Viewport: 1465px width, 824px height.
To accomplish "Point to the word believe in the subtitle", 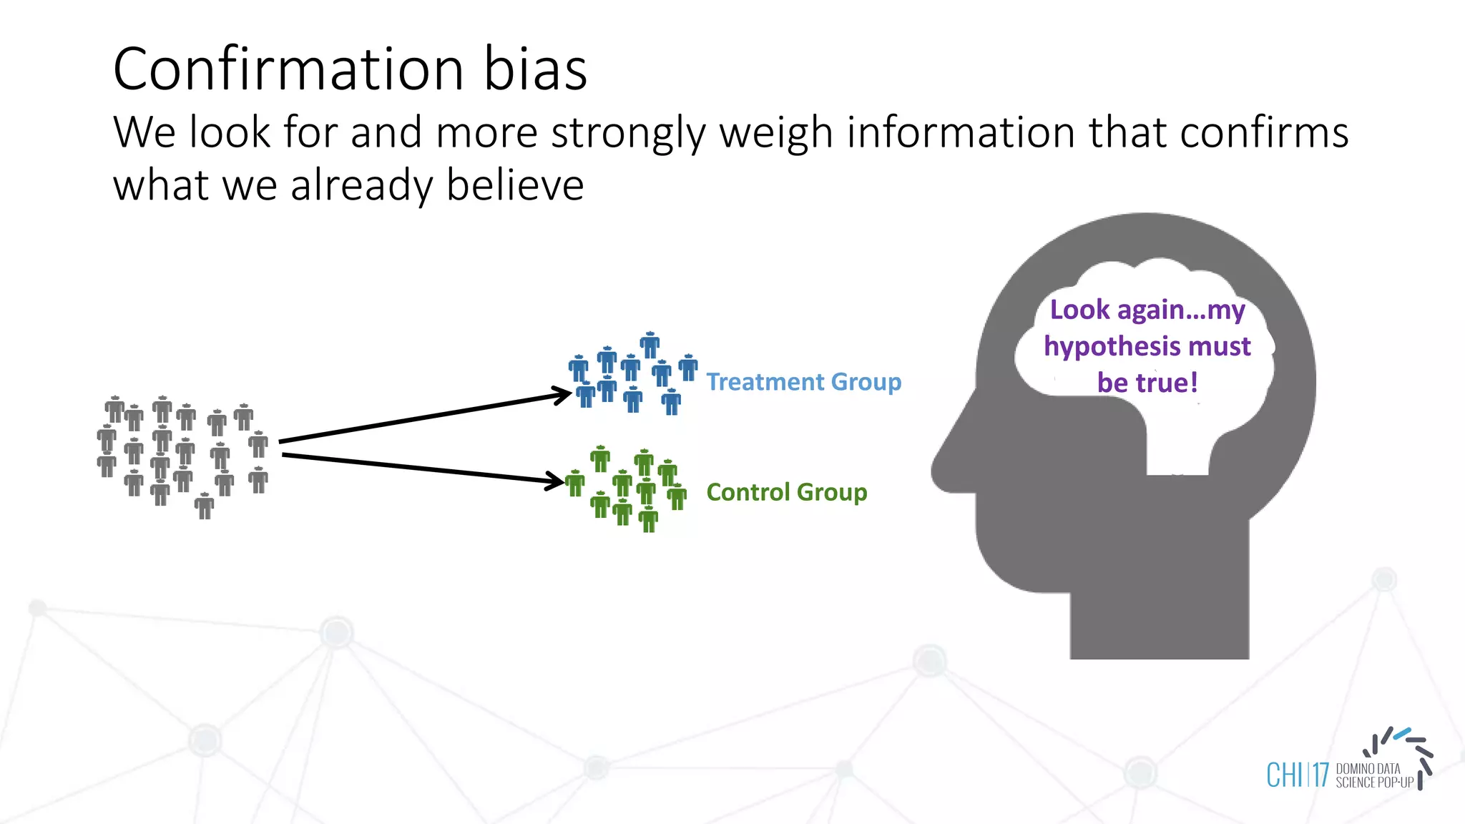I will coord(515,185).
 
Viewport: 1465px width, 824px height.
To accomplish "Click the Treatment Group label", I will coord(803,382).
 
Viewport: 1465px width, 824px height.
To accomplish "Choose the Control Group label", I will coord(786,492).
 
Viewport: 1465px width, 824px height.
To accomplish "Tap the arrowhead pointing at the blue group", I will coord(562,395).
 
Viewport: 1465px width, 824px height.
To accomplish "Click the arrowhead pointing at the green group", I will coord(555,480).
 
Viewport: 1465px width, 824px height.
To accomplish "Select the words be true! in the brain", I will coord(1147,383).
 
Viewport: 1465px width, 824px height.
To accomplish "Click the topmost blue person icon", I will coord(650,345).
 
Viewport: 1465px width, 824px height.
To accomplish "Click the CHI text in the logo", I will coord(1284,775).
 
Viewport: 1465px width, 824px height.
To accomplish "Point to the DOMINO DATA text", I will coord(1368,769).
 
